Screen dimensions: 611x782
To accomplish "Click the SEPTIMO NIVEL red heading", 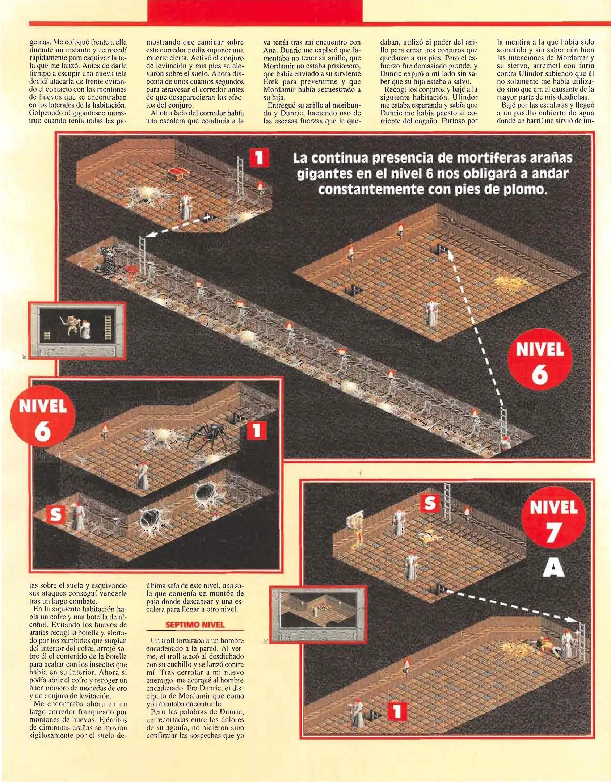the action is [x=195, y=625].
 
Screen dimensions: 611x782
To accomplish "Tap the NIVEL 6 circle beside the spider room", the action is [x=43, y=421].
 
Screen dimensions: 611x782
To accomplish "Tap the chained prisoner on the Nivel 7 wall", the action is [x=356, y=529].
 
